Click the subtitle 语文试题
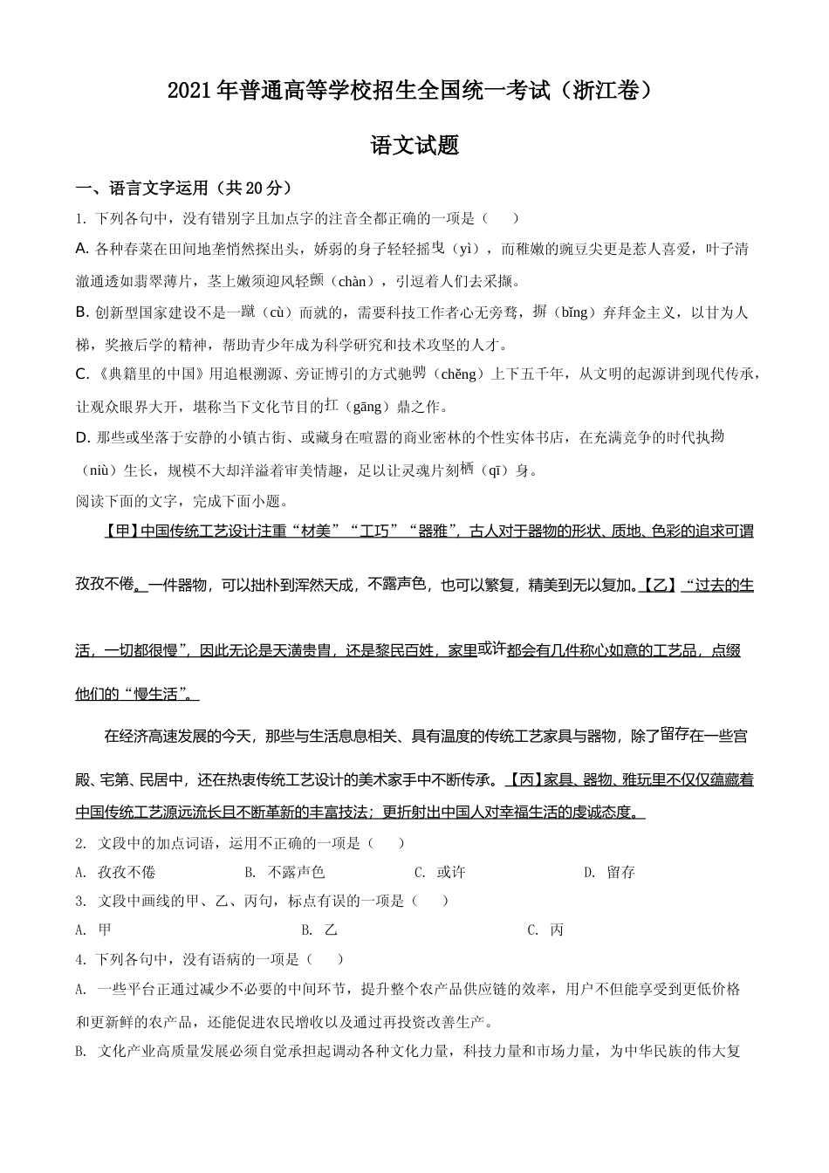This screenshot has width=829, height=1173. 414,146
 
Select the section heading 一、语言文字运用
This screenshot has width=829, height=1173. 145,188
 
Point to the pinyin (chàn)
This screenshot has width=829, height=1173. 354,281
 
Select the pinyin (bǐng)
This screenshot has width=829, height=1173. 574,312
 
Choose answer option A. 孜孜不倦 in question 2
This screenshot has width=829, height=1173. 116,872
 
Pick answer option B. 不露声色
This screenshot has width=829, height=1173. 285,872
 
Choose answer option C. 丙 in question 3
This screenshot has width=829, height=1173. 546,930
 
